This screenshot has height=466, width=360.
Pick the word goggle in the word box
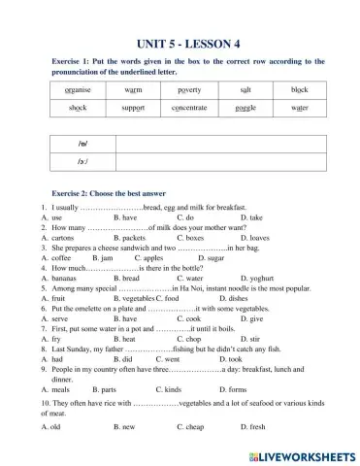click(245, 108)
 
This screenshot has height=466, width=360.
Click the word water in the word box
click(299, 108)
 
